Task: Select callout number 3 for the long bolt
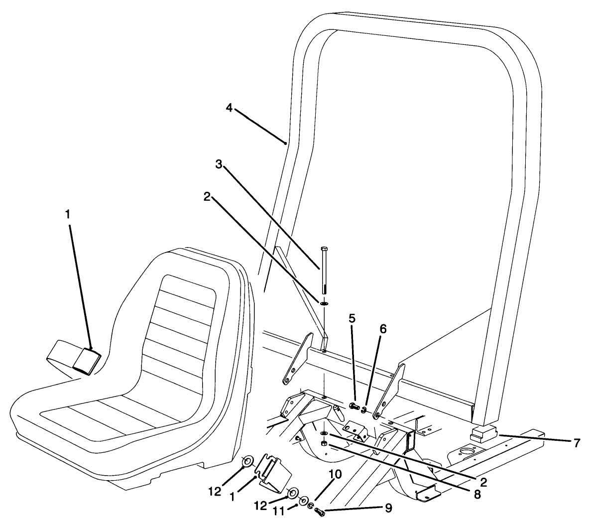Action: (x=219, y=164)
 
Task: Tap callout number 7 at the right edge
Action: (x=577, y=443)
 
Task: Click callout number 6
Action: (x=382, y=329)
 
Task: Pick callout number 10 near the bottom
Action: (x=335, y=475)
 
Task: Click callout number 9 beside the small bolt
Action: (x=387, y=509)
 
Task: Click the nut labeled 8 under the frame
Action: (x=324, y=443)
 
